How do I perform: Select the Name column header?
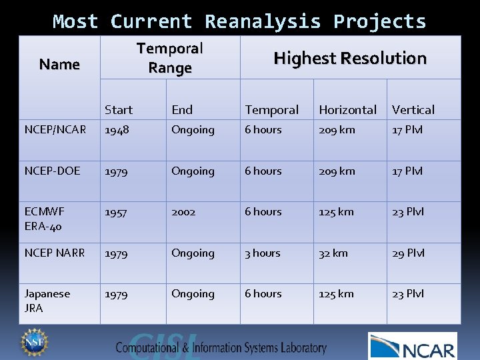(x=59, y=65)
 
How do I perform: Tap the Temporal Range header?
(x=169, y=58)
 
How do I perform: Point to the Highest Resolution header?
(x=350, y=59)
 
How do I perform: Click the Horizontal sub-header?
(x=347, y=110)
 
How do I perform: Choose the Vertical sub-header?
(x=413, y=110)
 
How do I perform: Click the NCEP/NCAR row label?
(x=55, y=129)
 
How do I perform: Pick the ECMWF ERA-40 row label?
(x=45, y=218)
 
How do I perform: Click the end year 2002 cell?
(x=183, y=211)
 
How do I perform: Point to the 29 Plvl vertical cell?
(x=408, y=253)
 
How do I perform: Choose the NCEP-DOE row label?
(x=52, y=171)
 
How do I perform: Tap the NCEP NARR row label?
(x=55, y=253)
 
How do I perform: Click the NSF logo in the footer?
(x=33, y=341)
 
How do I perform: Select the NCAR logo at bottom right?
(x=413, y=346)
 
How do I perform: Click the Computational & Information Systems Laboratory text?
(x=221, y=347)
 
